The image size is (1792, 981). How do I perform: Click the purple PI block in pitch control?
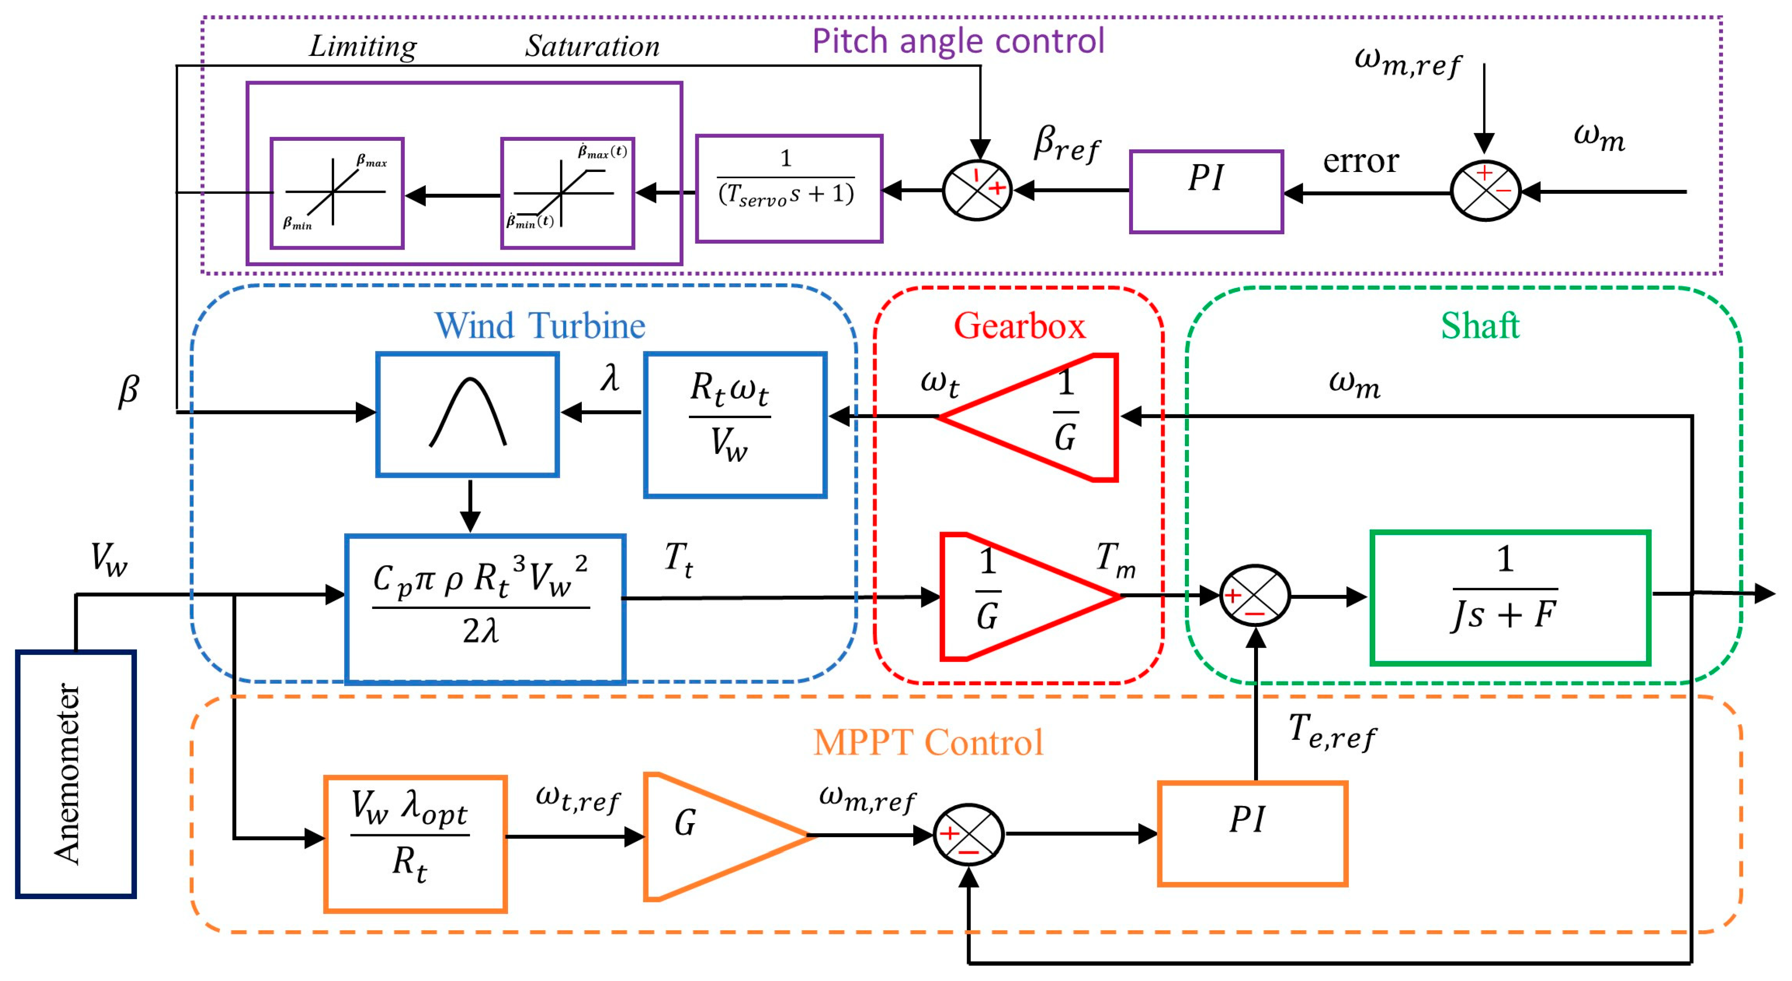[x=1206, y=191]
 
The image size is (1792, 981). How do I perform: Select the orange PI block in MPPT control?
[x=1252, y=833]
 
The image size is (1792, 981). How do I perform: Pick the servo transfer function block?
[x=789, y=189]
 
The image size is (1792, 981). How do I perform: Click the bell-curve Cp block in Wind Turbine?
[x=468, y=415]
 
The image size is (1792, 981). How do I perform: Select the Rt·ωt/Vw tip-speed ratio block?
[x=735, y=425]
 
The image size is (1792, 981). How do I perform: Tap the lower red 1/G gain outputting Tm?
[x=1016, y=596]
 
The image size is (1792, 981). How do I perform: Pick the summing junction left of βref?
[x=977, y=190]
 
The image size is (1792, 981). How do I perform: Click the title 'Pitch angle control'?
[x=958, y=41]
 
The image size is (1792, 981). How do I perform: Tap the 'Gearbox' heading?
[x=1019, y=326]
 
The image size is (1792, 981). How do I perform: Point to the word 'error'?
[x=1360, y=161]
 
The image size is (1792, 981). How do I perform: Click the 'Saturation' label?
[x=592, y=47]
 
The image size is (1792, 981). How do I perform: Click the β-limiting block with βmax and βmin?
[x=337, y=193]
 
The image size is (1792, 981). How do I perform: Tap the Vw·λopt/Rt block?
[x=415, y=843]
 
